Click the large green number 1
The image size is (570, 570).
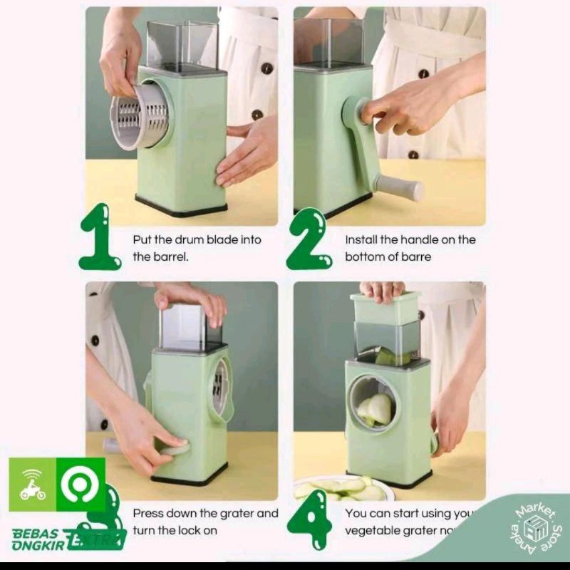click(98, 238)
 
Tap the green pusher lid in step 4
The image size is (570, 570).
click(385, 307)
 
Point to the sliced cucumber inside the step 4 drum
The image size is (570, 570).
click(376, 410)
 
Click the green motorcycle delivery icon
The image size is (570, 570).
click(33, 484)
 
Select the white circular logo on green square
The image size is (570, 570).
click(81, 484)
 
